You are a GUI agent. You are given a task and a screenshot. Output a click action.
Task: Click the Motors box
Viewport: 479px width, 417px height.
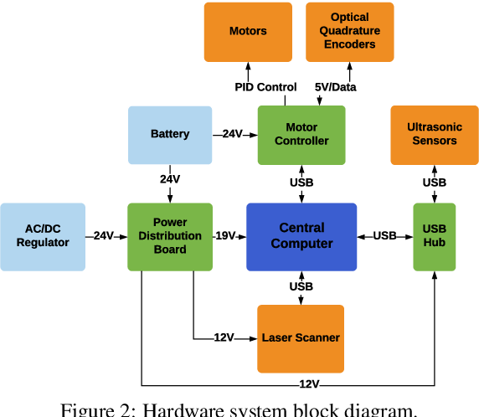[248, 32]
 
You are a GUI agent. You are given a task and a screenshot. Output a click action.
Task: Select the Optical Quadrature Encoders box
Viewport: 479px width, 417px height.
[350, 32]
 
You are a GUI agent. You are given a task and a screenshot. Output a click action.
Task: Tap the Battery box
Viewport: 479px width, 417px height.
[170, 135]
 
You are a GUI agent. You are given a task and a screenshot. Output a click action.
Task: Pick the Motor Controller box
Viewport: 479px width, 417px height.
[301, 135]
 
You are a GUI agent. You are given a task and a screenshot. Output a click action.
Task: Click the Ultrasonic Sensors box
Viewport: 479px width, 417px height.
[435, 135]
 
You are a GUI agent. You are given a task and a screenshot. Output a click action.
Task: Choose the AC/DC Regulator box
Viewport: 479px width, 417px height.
[43, 237]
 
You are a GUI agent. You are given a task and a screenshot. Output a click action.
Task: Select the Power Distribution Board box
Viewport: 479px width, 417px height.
[170, 237]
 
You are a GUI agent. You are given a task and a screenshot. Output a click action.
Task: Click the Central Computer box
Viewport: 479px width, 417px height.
[301, 237]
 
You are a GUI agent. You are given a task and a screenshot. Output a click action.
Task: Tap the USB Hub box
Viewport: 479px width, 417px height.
[435, 237]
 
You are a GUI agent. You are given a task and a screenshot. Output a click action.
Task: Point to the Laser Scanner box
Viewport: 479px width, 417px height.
[301, 339]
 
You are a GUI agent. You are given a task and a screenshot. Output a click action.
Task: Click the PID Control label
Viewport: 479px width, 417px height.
[265, 87]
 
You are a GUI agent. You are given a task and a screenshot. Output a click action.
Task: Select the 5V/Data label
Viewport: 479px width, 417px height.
[336, 87]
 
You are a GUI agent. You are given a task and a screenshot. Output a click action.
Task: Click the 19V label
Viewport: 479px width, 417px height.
[225, 235]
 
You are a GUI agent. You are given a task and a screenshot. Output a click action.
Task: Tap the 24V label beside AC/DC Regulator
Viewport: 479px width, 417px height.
[104, 235]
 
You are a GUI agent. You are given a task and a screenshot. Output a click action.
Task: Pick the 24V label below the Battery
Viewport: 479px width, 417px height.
[170, 179]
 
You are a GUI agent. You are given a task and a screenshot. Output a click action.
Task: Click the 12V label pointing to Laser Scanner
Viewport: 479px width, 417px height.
[224, 337]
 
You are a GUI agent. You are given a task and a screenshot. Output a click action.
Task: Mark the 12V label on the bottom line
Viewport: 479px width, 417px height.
[310, 384]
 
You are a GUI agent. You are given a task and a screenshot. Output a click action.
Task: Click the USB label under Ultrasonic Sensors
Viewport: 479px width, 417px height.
[435, 183]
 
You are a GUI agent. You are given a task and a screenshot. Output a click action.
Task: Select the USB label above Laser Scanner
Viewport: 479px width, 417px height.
[301, 286]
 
